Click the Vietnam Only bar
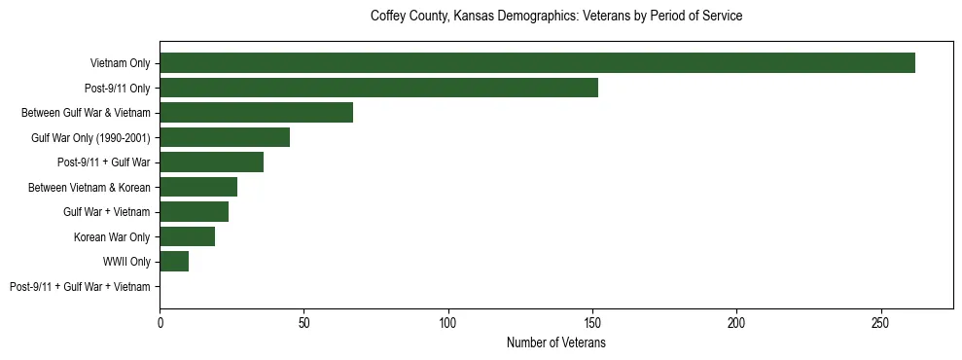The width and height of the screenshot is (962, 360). pyautogui.click(x=537, y=63)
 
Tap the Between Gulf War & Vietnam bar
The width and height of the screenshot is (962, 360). pyautogui.click(x=256, y=113)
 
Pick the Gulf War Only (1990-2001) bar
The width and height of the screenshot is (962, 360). pyautogui.click(x=225, y=137)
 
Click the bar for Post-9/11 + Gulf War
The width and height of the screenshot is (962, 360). pyautogui.click(x=211, y=162)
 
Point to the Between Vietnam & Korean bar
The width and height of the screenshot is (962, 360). pyautogui.click(x=198, y=187)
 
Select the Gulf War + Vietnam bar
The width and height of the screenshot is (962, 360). pyautogui.click(x=194, y=212)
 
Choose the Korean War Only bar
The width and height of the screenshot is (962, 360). pyautogui.click(x=187, y=236)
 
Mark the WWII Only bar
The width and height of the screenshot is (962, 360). pyautogui.click(x=174, y=262)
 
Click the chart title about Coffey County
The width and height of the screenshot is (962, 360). pyautogui.click(x=556, y=17)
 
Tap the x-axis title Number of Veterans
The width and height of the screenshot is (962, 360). pyautogui.click(x=556, y=343)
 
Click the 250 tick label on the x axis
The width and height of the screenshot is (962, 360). pyautogui.click(x=880, y=321)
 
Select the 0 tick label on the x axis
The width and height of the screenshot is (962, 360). pyautogui.click(x=160, y=321)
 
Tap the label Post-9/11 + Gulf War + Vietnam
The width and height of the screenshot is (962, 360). pyautogui.click(x=80, y=287)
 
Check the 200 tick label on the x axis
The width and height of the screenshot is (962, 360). pyautogui.click(x=736, y=321)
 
